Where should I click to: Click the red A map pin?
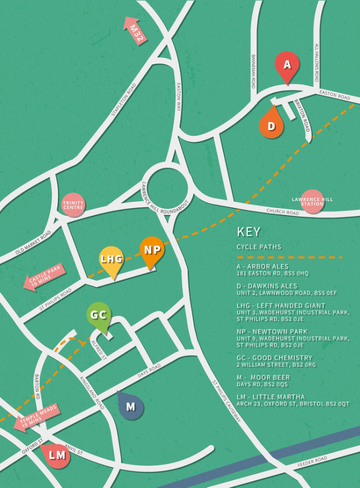click(287, 66)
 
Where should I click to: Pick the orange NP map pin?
click(152, 250)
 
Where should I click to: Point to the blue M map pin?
click(131, 406)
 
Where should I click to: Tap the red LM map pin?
click(57, 455)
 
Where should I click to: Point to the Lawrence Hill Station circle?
click(312, 201)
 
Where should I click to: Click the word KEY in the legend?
click(248, 232)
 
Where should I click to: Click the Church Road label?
click(282, 211)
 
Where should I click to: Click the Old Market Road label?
click(33, 242)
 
